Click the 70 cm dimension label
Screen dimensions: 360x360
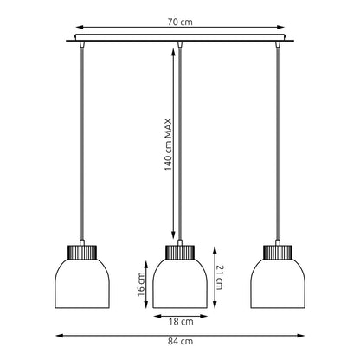point(180,22)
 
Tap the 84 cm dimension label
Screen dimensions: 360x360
point(180,342)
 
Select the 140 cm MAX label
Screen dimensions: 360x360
point(168,145)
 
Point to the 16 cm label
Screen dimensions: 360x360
point(141,284)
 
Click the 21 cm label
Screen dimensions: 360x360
point(219,278)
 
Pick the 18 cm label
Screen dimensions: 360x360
point(181,322)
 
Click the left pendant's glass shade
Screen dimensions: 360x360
point(82,283)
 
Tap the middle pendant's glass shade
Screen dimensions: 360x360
point(180,283)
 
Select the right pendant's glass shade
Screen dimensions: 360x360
point(278,283)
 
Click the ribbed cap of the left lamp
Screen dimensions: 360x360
point(82,252)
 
